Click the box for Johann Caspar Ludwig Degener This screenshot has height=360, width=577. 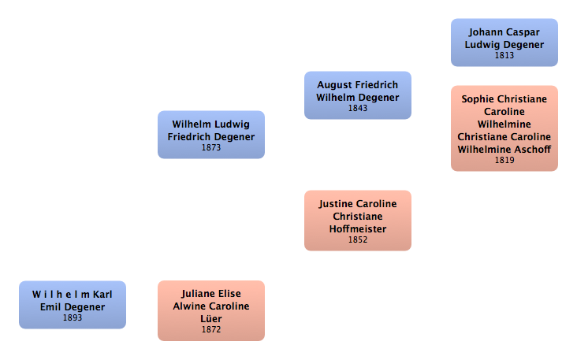[x=504, y=42]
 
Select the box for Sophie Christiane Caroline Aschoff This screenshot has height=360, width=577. [x=504, y=128]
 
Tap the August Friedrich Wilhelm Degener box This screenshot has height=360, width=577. [x=357, y=95]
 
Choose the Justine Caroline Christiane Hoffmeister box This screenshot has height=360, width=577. [x=357, y=220]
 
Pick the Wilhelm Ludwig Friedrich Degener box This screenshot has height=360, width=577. [x=210, y=134]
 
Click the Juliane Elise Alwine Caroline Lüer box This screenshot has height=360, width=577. [x=210, y=310]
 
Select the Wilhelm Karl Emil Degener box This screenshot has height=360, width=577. [x=72, y=304]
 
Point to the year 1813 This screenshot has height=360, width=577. [x=504, y=56]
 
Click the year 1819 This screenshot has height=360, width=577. [x=504, y=161]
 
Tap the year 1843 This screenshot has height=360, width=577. [x=357, y=109]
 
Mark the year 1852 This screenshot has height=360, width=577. [x=357, y=240]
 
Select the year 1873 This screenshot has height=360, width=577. [x=210, y=148]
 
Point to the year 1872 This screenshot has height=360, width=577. [x=210, y=330]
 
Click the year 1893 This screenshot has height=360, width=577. [x=72, y=318]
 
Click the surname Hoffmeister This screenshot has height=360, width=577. [x=357, y=229]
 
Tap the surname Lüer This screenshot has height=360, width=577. [x=210, y=319]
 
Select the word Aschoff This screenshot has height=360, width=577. [x=531, y=149]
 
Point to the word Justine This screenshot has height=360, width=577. [x=337, y=204]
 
